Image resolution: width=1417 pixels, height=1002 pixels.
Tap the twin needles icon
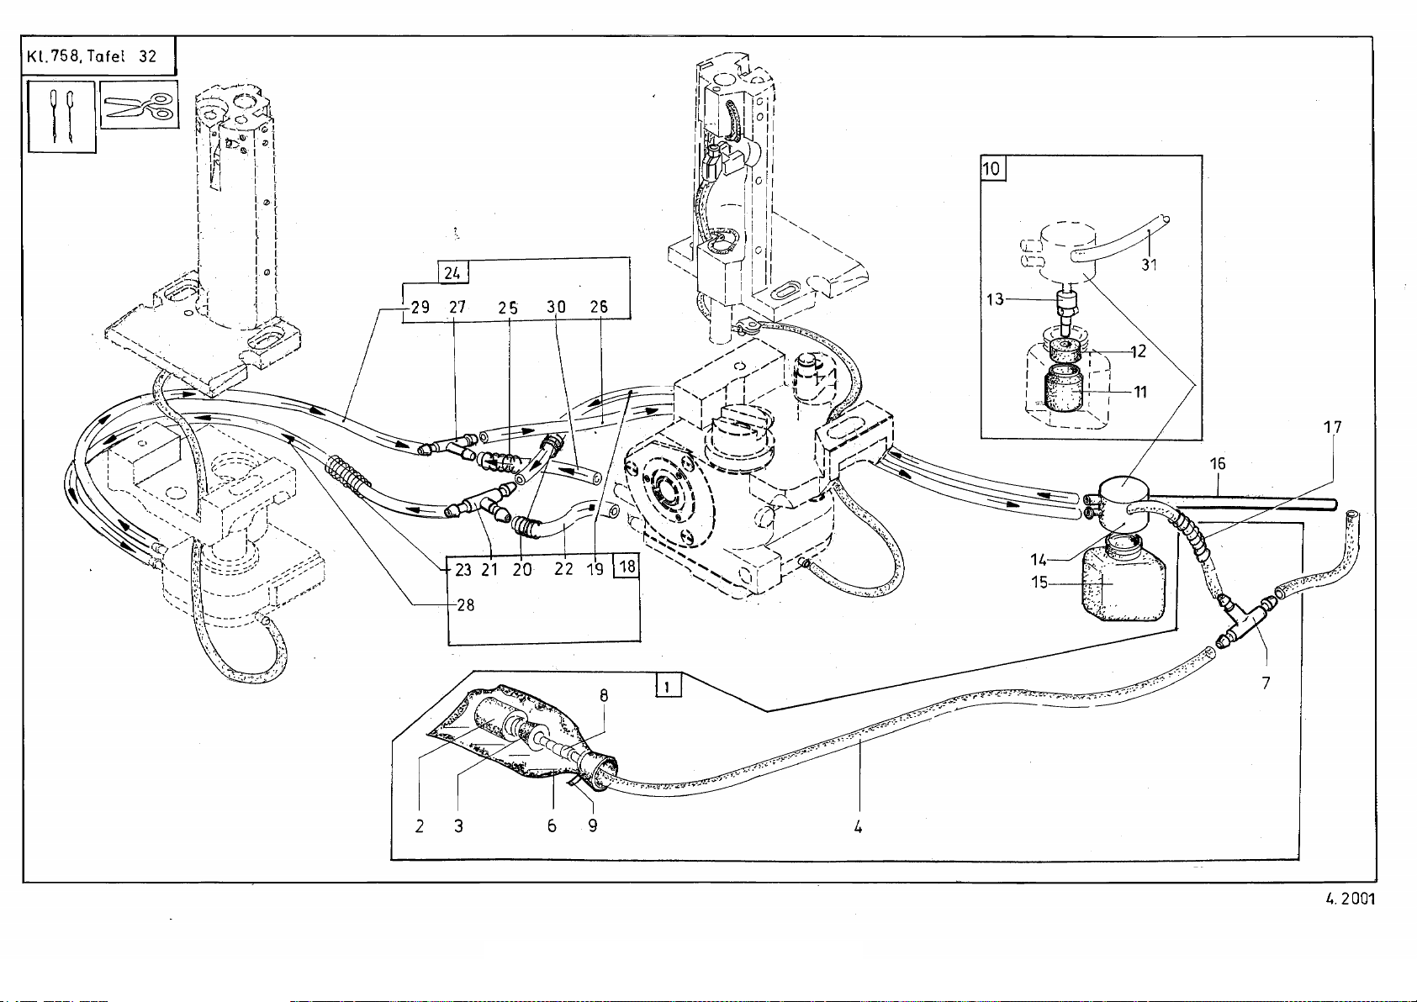point(61,117)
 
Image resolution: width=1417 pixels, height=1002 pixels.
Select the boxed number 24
point(452,272)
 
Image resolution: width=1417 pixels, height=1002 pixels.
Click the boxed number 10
point(993,168)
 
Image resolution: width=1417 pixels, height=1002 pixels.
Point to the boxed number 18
point(627,567)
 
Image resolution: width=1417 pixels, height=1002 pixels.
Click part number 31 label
point(1150,264)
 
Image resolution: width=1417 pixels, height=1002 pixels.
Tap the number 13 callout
point(996,298)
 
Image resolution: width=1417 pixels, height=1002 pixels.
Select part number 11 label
point(1140,392)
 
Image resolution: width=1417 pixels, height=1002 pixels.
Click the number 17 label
point(1332,427)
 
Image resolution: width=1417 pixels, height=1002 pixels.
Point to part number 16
point(1217,463)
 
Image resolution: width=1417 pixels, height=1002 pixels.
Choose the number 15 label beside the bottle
point(1040,582)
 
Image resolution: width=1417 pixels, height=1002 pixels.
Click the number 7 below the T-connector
point(1266,683)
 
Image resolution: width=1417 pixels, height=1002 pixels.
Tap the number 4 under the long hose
point(858,826)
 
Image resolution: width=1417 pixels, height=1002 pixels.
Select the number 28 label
point(466,604)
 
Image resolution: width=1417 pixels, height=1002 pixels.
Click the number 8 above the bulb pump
point(604,695)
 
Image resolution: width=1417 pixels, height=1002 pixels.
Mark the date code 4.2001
point(1350,899)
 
